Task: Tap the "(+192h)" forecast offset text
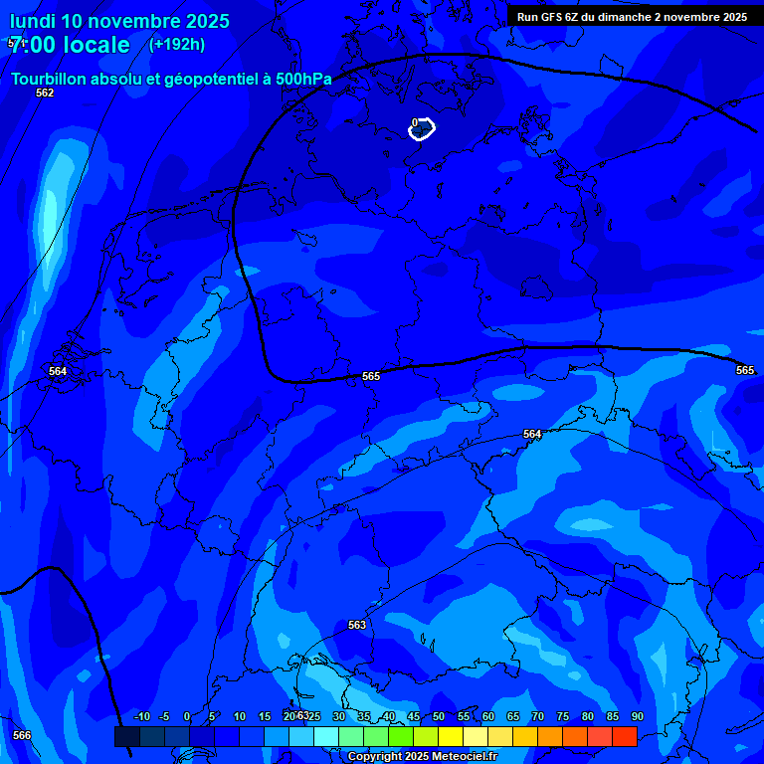[x=176, y=44]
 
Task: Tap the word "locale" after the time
[x=94, y=45]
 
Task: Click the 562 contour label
[x=45, y=93]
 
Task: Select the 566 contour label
[x=22, y=735]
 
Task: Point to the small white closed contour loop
[x=422, y=128]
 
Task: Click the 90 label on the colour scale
[x=638, y=716]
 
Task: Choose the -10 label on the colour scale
[x=141, y=716]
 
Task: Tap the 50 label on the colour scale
[x=439, y=716]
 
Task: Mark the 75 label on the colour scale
[x=563, y=716]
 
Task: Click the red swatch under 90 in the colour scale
[x=625, y=736]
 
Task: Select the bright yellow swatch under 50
[x=451, y=736]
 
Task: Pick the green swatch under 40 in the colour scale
[x=401, y=736]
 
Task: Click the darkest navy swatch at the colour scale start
[x=126, y=736]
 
